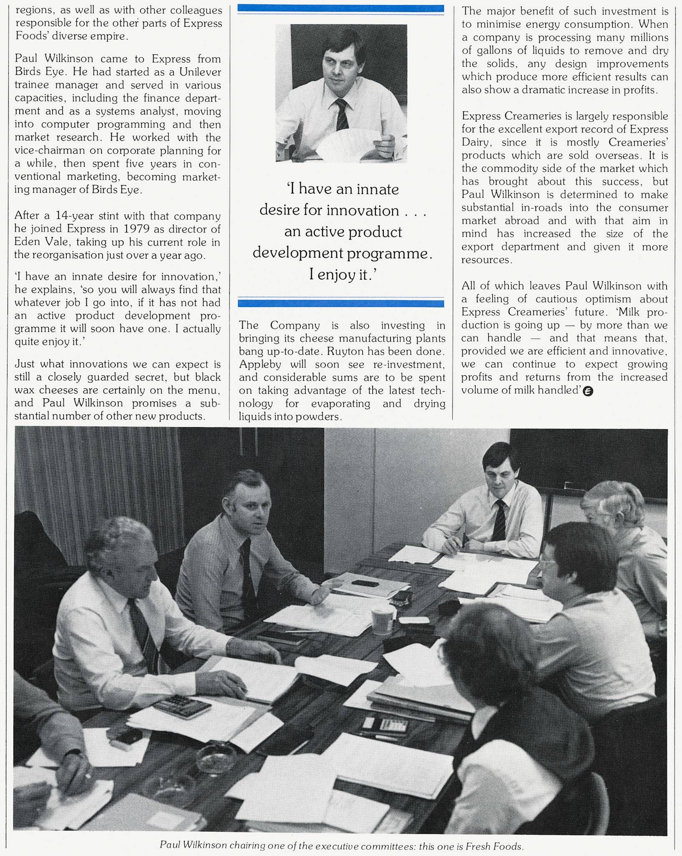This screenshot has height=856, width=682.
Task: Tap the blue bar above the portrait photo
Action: click(x=340, y=8)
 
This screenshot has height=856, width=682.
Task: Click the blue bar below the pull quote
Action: click(x=340, y=303)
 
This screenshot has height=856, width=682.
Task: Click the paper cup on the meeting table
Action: click(x=382, y=620)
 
